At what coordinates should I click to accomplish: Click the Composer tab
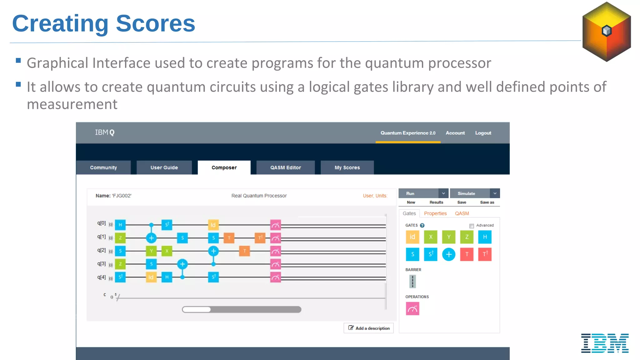click(x=224, y=167)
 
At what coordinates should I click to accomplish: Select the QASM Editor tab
click(x=285, y=167)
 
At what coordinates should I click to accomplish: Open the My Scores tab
click(x=347, y=167)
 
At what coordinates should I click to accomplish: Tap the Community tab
click(x=103, y=167)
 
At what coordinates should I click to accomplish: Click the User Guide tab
click(x=164, y=167)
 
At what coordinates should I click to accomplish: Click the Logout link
click(x=483, y=133)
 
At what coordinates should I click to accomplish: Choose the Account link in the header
click(x=455, y=133)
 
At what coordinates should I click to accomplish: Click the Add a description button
click(x=369, y=328)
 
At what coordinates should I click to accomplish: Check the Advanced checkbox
click(x=472, y=226)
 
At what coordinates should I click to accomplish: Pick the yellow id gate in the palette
click(x=412, y=237)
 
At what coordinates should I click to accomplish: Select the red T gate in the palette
click(x=467, y=254)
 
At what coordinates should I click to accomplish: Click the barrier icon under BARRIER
click(x=412, y=282)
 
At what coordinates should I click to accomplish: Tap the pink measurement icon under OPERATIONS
click(x=412, y=309)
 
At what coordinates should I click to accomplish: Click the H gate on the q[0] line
click(x=120, y=225)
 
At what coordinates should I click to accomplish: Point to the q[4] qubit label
click(x=101, y=277)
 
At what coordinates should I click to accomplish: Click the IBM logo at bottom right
click(x=605, y=343)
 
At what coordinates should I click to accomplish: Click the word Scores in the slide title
click(x=155, y=23)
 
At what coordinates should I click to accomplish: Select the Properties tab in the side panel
click(x=435, y=213)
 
